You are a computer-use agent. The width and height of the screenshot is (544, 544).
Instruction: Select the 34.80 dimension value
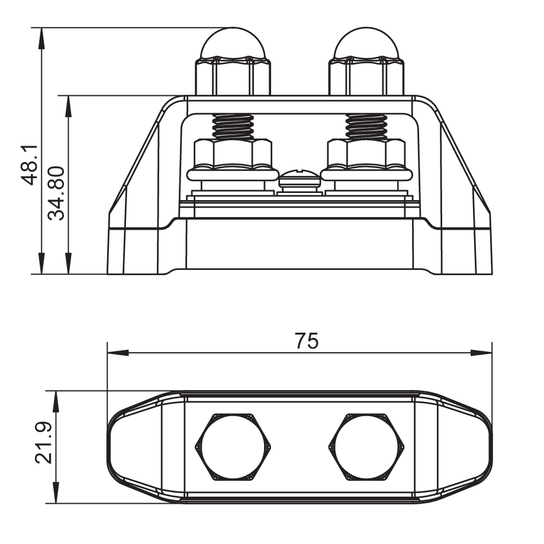coord(57,193)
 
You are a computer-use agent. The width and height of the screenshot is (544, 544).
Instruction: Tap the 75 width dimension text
coord(306,341)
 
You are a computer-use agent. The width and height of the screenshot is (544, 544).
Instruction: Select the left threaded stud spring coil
coord(233,126)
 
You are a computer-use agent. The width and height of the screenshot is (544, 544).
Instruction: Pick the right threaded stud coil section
coord(366,126)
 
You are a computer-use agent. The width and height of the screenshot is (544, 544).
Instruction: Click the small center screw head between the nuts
coord(300,179)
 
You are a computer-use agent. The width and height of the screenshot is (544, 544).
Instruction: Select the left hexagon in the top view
coord(233,447)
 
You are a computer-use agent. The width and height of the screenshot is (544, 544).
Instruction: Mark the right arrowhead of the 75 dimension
coord(482,353)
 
